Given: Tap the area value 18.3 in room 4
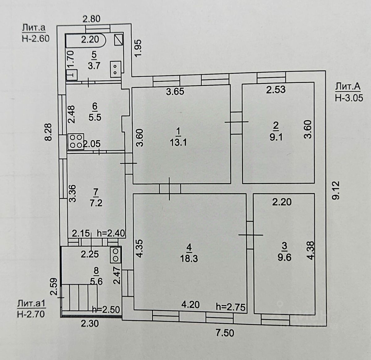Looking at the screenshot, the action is coord(189,258).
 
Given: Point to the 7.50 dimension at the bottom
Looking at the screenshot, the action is coord(225,333).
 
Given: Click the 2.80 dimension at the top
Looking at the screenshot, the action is coord(92,19).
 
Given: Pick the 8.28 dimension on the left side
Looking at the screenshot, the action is coord(48,132).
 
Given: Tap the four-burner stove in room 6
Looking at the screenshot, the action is coord(76,141).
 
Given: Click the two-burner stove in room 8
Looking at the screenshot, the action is coord(116,254).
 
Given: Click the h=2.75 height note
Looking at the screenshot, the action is coord(231,307).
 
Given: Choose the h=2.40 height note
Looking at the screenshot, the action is coord(111,233).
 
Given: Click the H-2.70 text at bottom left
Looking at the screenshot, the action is coord(31,314).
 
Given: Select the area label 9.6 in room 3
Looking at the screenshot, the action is coord(284,257).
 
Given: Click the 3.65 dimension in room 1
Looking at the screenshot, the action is coord(175,92).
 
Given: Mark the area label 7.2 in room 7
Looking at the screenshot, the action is coord(96,203).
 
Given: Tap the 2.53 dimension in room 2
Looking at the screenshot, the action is coord(276,90).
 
